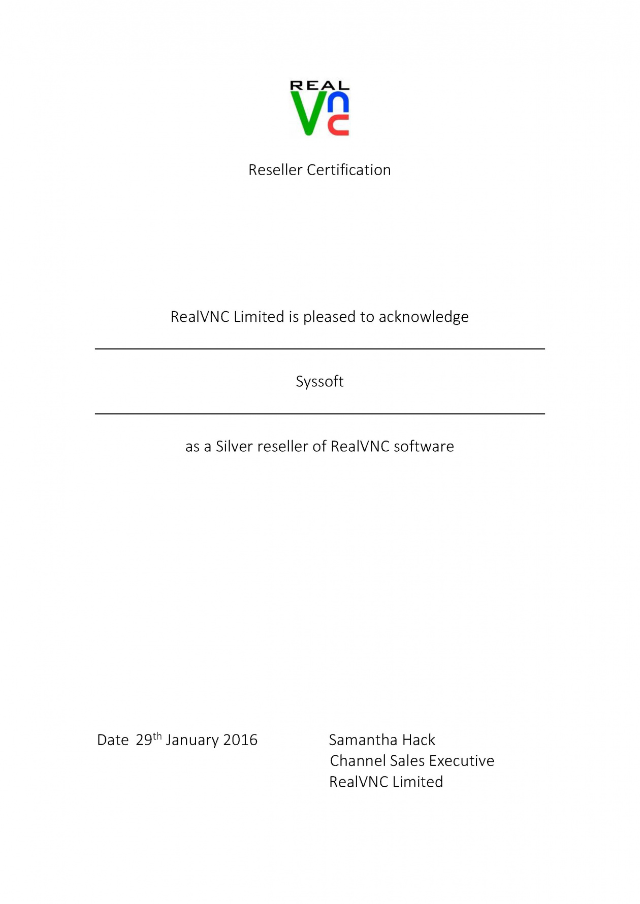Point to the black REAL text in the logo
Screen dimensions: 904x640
click(319, 85)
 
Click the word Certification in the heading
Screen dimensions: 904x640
click(348, 170)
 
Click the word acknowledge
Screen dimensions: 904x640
click(424, 317)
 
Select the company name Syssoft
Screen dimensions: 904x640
click(319, 382)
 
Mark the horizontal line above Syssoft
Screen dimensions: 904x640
click(319, 349)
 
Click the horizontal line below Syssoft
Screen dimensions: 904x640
click(319, 414)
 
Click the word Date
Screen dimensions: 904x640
click(113, 740)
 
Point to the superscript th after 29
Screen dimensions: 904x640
click(157, 735)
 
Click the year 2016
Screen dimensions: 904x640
click(240, 740)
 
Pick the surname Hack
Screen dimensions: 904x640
click(418, 740)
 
